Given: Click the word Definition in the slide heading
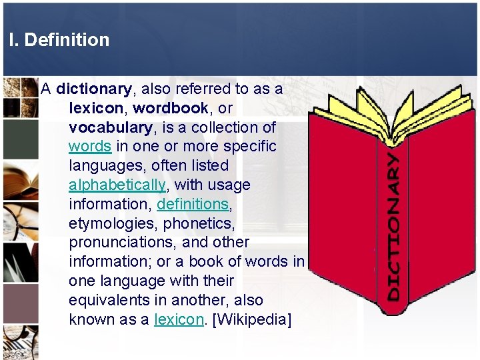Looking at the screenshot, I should (67, 40).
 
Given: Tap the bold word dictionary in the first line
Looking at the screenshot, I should (94, 89).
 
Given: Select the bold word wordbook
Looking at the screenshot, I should (171, 108).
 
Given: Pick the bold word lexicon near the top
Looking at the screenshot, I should (96, 108).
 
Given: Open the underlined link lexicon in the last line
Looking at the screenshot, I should (179, 319).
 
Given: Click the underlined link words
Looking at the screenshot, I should (90, 146).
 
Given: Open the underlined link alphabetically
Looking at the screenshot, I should (117, 185).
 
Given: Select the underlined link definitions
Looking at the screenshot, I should (193, 204).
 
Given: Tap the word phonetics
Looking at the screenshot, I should (201, 223).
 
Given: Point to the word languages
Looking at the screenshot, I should (105, 165).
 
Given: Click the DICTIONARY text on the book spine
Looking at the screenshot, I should (395, 227).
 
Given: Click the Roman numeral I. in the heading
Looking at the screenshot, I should (14, 40).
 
